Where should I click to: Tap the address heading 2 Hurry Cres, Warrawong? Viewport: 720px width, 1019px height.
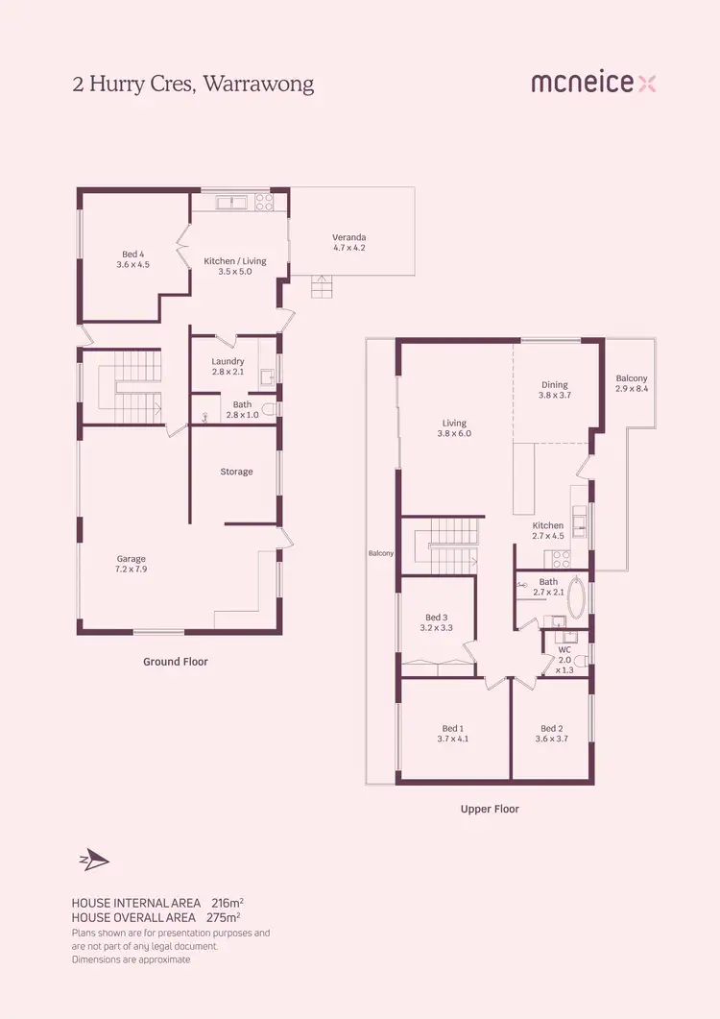click(x=193, y=85)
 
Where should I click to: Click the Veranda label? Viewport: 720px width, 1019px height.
click(x=349, y=242)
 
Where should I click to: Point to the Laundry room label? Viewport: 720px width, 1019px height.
click(x=228, y=366)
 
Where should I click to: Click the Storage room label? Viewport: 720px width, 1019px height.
click(x=236, y=472)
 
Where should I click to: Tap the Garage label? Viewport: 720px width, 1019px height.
click(x=132, y=564)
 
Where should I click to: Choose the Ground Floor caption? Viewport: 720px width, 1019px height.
click(x=176, y=662)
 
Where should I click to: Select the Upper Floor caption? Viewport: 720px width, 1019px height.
click(x=490, y=809)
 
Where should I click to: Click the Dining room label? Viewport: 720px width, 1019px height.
click(x=555, y=389)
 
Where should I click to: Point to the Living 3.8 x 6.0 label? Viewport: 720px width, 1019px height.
click(x=454, y=427)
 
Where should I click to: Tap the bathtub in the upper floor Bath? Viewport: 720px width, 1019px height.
click(x=577, y=598)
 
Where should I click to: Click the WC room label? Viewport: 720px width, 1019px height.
click(x=565, y=655)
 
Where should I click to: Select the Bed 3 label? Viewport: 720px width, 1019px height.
click(x=436, y=622)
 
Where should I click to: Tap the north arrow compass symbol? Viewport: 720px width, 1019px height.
click(x=94, y=860)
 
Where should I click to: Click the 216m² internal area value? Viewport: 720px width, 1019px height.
click(x=227, y=903)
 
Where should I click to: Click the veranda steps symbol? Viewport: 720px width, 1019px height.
click(x=322, y=285)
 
